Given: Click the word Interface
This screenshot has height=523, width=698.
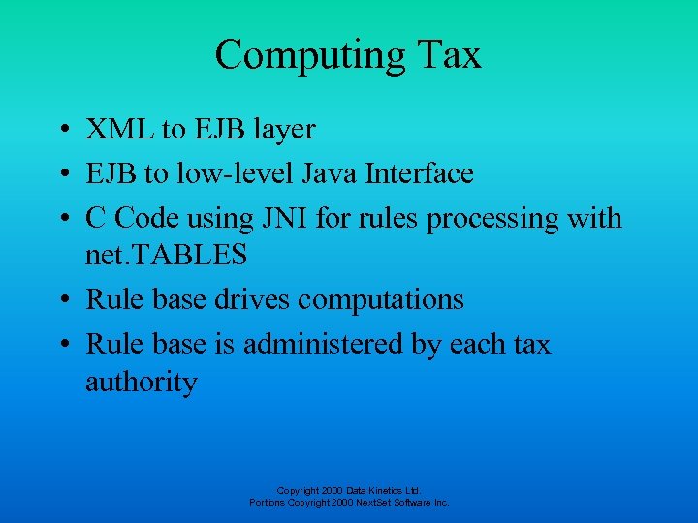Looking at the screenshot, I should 417,174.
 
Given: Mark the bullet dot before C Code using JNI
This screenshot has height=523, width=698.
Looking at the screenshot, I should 61,219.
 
